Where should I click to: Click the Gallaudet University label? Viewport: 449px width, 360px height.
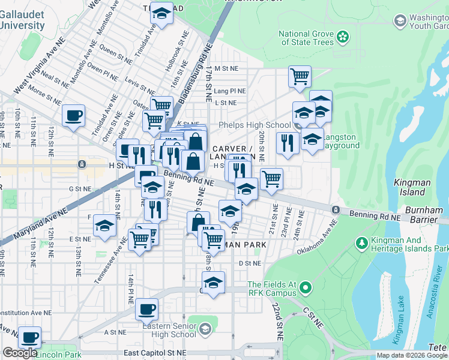click(22, 20)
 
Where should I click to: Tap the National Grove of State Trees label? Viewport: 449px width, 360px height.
click(306, 38)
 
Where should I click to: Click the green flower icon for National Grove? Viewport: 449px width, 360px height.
click(343, 37)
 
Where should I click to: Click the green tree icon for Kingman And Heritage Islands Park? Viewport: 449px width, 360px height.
click(362, 243)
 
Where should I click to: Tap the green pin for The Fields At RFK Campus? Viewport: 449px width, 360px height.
click(306, 289)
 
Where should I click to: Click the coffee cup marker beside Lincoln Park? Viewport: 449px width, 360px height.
click(29, 337)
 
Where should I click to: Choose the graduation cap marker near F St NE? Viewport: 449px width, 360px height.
click(104, 226)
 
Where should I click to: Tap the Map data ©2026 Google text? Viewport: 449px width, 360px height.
click(411, 355)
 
